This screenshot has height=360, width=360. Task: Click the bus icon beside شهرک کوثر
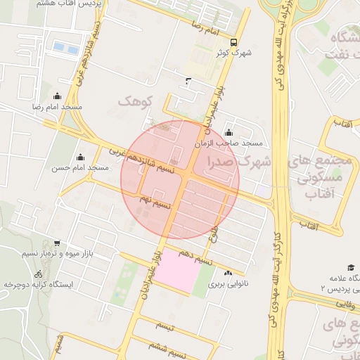pyautogui.click(x=233, y=41)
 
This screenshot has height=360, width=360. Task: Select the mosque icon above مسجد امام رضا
pyautogui.click(x=57, y=96)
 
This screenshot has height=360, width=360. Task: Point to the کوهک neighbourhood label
pyautogui.click(x=135, y=103)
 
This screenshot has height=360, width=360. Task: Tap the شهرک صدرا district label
pyautogui.click(x=239, y=162)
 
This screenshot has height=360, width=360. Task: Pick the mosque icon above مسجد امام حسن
pyautogui.click(x=79, y=157)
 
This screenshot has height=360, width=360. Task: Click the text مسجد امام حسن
pyautogui.click(x=79, y=168)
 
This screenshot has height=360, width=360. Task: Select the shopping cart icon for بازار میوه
pyautogui.click(x=57, y=243)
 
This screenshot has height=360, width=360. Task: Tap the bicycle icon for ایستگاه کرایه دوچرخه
pyautogui.click(x=38, y=274)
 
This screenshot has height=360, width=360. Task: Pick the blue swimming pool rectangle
pyautogui.click(x=66, y=47)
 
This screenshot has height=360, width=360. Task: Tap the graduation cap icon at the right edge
pyautogui.click(x=350, y=267)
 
